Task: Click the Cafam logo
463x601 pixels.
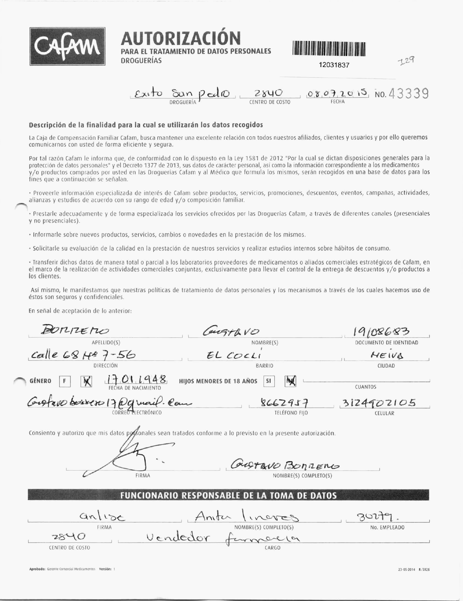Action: point(68,46)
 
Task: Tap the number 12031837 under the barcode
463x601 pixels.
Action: point(334,65)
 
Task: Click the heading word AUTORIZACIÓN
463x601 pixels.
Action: point(181,38)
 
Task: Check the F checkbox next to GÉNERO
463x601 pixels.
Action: point(65,381)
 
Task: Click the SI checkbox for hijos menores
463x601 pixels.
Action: point(269,381)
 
